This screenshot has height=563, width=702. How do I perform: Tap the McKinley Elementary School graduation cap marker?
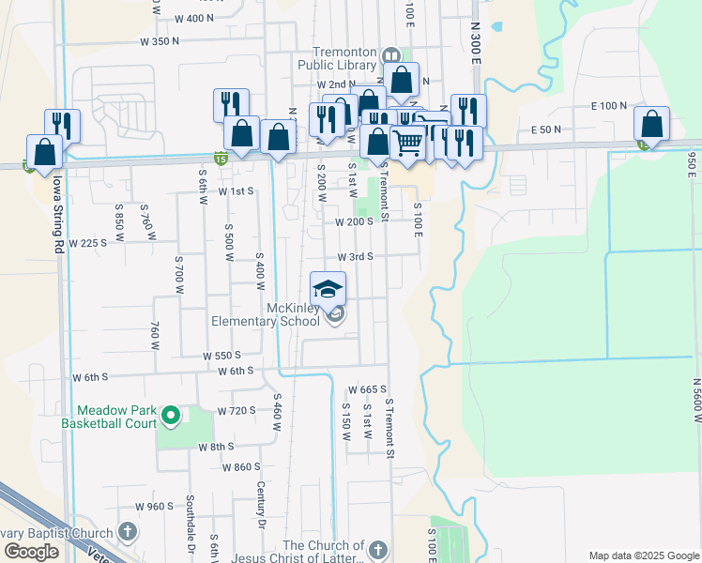tap(328, 289)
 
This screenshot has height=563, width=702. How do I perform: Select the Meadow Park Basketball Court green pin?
tap(170, 414)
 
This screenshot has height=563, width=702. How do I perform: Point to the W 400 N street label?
tap(194, 18)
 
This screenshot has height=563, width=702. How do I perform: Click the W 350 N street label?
tap(159, 41)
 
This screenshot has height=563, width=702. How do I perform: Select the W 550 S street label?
tap(222, 356)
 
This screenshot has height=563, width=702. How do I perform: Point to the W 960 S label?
tap(154, 506)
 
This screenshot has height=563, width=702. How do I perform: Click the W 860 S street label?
tap(241, 466)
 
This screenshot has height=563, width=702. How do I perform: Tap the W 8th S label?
tap(216, 447)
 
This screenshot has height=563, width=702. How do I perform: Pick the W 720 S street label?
tap(237, 411)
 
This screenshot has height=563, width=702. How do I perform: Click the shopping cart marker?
tap(407, 144)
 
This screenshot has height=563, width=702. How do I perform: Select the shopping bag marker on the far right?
tap(651, 124)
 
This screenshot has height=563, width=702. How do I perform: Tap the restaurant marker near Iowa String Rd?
tap(63, 124)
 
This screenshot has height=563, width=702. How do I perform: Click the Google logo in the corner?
tap(31, 552)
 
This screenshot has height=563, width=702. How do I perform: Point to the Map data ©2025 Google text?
tap(643, 555)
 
